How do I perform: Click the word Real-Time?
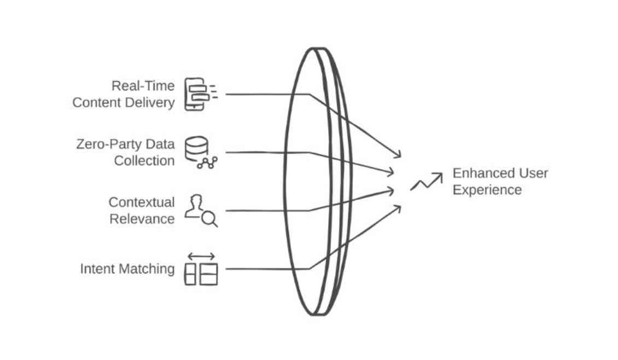pos(143,86)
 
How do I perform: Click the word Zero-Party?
pos(108,144)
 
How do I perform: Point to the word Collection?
pos(144,161)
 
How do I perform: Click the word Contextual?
pos(142,202)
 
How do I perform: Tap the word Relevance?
pos(142,219)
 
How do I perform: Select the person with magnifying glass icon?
pos(200,211)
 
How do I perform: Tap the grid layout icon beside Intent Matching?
pos(201,274)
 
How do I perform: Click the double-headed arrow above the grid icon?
pos(201,256)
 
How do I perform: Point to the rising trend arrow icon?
pos(427,182)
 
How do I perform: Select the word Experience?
pos(487,190)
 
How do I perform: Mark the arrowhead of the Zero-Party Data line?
pos(390,172)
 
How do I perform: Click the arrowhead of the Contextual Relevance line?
pos(390,190)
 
